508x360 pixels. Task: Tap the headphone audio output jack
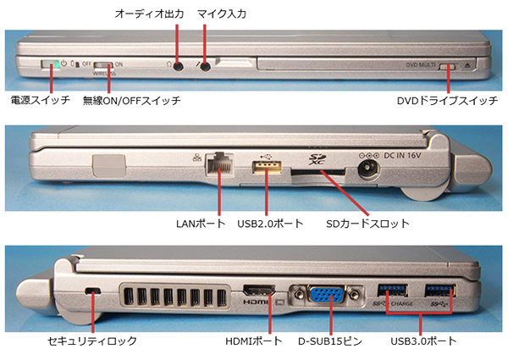point(178,65)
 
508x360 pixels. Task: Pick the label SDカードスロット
point(370,224)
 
